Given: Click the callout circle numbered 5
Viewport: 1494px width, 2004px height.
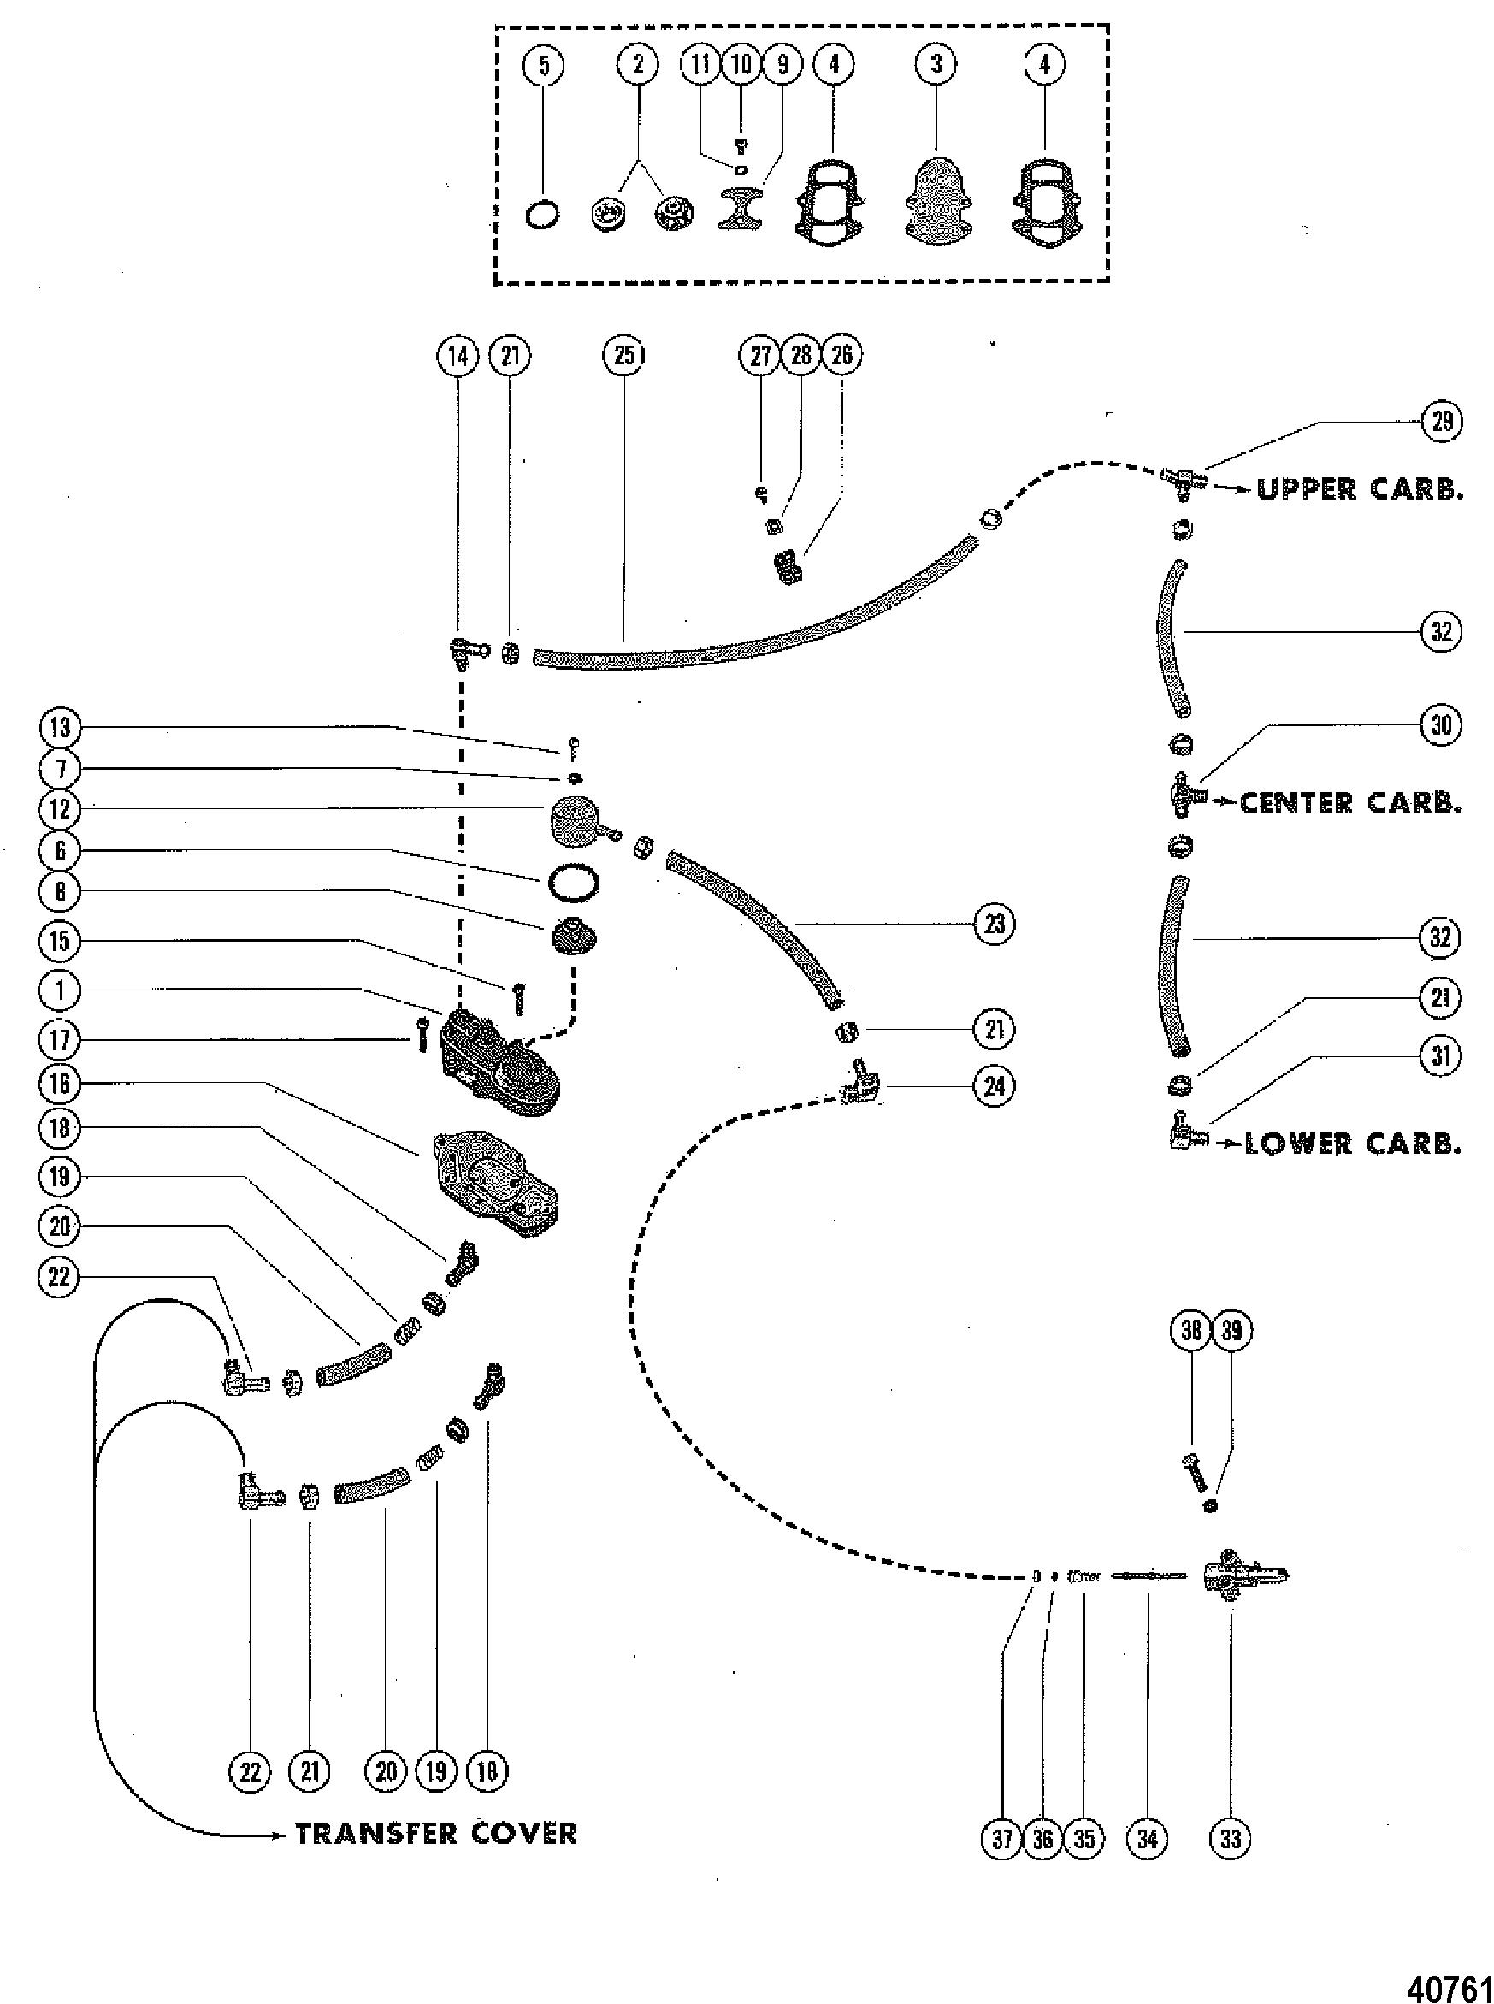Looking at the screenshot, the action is coord(543,65).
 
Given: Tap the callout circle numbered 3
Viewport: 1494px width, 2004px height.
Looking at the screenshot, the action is coord(936,63).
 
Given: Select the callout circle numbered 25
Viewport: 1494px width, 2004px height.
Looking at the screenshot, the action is coord(624,356).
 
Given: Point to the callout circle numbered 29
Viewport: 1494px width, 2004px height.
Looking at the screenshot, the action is coord(1441,421).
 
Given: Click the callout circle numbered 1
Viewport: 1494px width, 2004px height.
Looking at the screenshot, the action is coord(60,990).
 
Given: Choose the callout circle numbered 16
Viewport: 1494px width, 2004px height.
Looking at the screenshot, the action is coord(60,1084).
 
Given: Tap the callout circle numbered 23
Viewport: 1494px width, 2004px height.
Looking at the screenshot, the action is coord(994,925).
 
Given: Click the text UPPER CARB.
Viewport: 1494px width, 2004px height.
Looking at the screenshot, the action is coord(1359,489).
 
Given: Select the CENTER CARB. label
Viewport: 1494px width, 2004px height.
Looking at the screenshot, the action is coord(1350,803).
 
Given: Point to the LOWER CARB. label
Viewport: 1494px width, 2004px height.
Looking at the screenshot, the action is coord(1353,1143).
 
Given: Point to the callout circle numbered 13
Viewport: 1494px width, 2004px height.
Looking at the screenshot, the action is coord(60,728).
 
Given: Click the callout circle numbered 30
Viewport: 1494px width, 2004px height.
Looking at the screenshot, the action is coord(1441,724).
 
